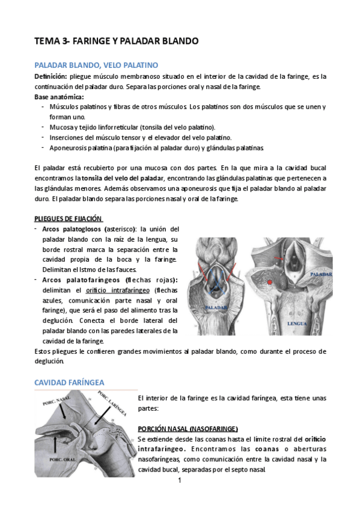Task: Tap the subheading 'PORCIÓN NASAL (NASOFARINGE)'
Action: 188,428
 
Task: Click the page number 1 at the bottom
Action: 180,481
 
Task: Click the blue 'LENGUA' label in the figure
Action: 296,322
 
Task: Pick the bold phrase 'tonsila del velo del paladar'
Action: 123,179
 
